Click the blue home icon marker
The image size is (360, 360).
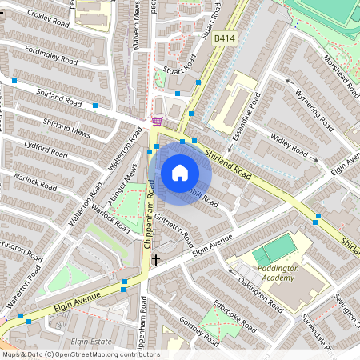point(180,172)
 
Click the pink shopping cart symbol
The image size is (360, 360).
point(157,122)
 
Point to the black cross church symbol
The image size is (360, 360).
point(156,258)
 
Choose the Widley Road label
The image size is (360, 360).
point(290,149)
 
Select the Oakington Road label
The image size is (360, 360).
point(259,294)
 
